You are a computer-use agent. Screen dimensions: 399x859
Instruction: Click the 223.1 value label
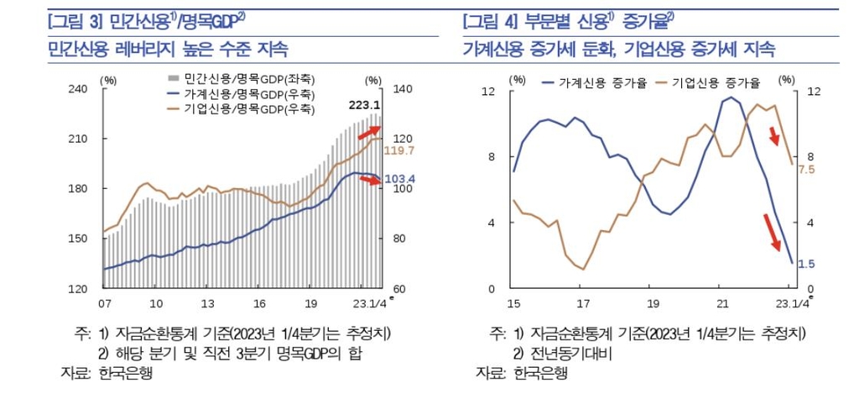pyautogui.click(x=365, y=105)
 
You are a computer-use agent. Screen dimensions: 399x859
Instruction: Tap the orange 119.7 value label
pyautogui.click(x=400, y=150)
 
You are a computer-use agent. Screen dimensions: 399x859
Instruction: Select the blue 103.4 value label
pyautogui.click(x=400, y=179)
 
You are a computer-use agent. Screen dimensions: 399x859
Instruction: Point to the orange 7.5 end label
pyautogui.click(x=807, y=170)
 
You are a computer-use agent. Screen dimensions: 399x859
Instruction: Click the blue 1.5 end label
pyautogui.click(x=806, y=264)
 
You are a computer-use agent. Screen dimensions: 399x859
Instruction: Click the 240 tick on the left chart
pyautogui.click(x=77, y=89)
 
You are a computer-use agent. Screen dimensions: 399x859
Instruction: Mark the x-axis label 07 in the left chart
pyautogui.click(x=105, y=302)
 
